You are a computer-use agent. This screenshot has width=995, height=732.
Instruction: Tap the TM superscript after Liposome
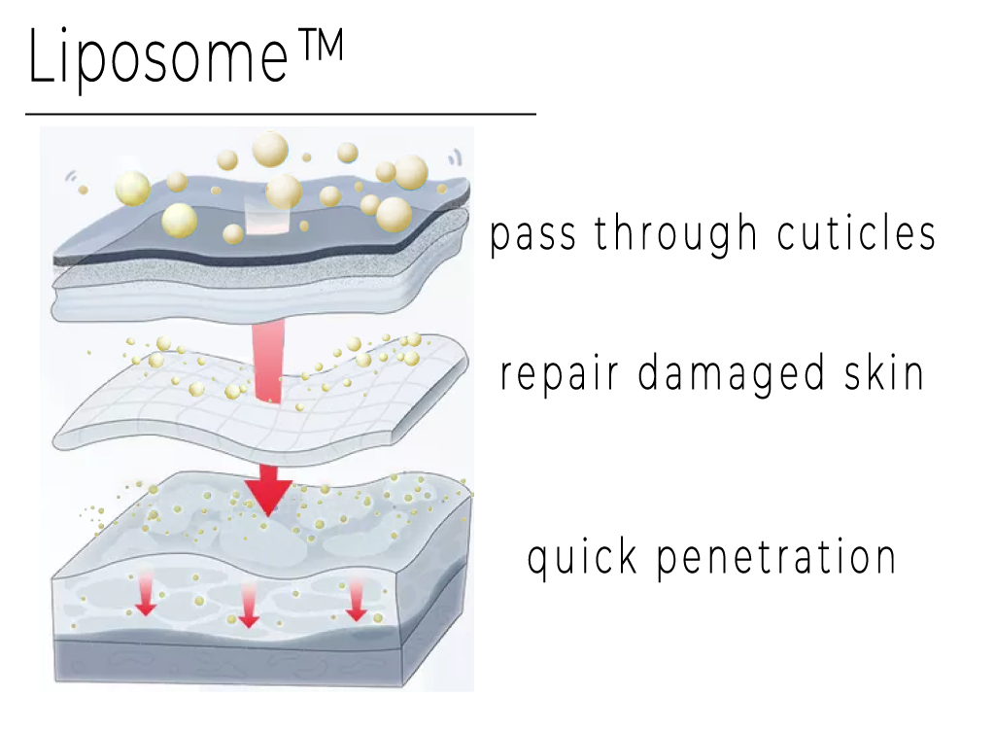321,46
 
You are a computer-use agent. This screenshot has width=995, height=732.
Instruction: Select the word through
676,233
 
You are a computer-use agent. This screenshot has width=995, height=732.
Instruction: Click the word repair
559,375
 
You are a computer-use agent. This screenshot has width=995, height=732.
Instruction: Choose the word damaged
731,374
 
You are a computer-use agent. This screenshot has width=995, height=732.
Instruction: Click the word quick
582,557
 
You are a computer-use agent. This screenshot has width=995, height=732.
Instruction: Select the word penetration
776,557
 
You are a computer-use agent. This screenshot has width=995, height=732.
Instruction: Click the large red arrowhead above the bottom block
268,491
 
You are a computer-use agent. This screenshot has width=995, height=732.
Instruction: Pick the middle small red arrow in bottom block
248,604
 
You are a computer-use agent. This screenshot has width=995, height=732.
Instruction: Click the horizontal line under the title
281,115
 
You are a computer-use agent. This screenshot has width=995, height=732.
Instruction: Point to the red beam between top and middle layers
267,363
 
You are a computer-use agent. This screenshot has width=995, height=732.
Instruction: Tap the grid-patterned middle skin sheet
260,400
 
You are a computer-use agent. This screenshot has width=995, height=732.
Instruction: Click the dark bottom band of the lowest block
228,663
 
